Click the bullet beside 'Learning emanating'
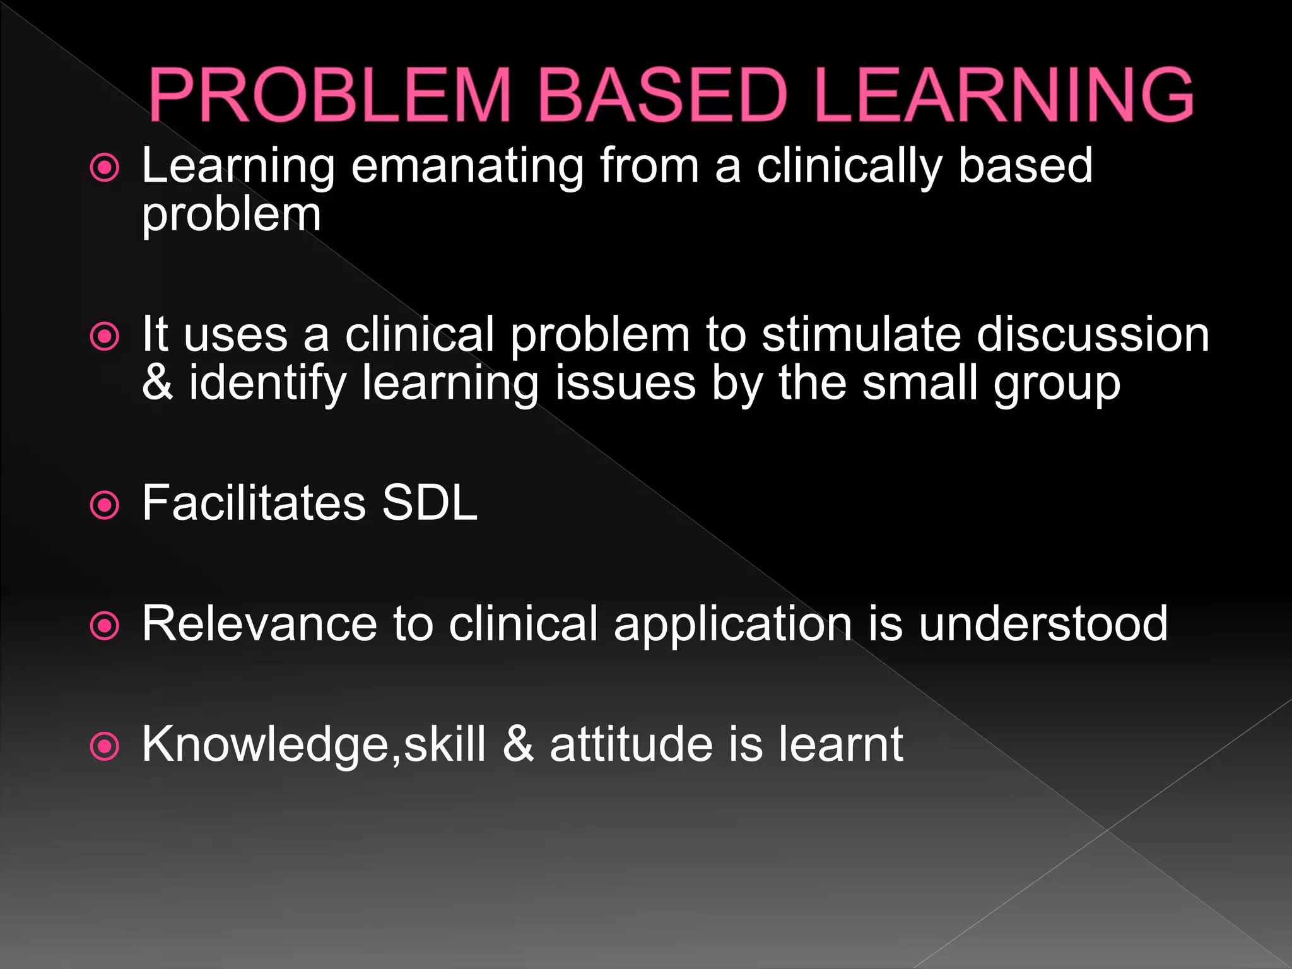point(105,168)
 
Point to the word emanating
point(467,167)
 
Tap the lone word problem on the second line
point(231,216)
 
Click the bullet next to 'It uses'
point(105,337)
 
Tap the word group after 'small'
point(1057,385)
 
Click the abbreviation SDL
point(429,503)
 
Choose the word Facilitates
point(254,503)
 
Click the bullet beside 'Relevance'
point(105,626)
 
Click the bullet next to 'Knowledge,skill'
point(105,747)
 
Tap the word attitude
point(631,745)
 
